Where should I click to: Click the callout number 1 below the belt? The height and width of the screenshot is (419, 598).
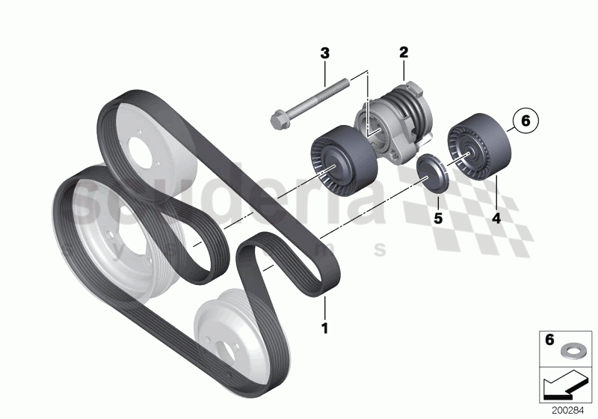point(324,328)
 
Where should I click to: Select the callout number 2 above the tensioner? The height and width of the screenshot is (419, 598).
point(403,52)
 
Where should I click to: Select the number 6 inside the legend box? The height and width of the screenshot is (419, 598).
point(549,340)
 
